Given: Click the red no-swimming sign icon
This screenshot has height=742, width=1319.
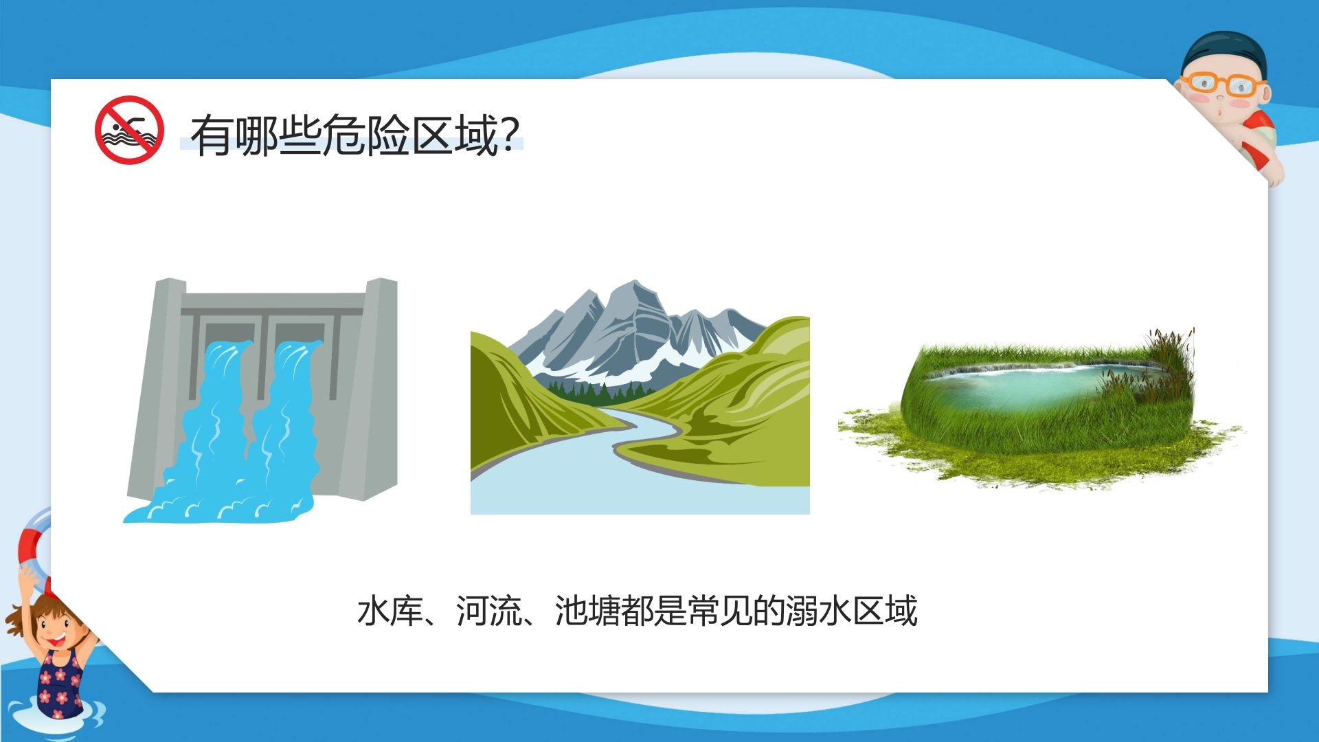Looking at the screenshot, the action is point(129,129).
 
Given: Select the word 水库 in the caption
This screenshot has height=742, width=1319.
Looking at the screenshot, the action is point(390,611).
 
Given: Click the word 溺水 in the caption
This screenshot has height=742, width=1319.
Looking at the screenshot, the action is point(819,611).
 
